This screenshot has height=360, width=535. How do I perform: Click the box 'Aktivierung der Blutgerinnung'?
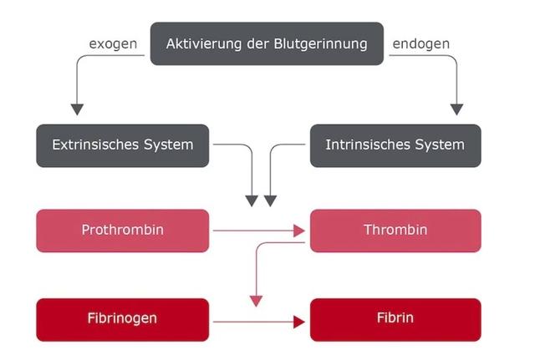(267, 43)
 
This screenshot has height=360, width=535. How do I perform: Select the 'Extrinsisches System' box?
(123, 145)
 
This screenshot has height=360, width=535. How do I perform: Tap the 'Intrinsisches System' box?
(395, 145)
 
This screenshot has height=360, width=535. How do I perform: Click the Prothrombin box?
(123, 230)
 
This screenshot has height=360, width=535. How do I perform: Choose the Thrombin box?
(395, 230)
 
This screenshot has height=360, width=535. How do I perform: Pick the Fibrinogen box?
(123, 319)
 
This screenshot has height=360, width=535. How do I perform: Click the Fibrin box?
(395, 319)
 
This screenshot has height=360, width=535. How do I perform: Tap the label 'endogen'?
(420, 43)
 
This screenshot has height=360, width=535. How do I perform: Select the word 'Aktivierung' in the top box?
(203, 43)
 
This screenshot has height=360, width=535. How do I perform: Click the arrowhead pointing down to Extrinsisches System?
(77, 109)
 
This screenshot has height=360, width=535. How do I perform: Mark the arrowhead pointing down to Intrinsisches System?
(456, 109)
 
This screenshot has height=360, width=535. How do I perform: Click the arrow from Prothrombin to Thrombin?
(259, 231)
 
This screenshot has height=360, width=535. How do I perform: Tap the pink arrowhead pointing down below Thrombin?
(257, 298)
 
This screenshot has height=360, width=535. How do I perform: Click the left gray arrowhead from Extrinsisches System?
(252, 200)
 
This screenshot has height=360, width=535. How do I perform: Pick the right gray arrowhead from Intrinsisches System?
(270, 200)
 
